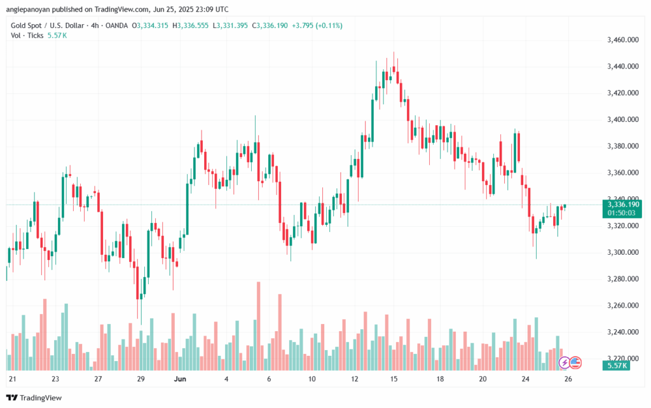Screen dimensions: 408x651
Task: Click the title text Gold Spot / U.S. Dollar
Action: point(51,25)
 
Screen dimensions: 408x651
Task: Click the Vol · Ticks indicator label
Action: point(27,36)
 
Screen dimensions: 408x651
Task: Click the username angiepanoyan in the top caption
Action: point(33,10)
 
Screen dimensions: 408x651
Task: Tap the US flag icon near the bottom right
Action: point(575,363)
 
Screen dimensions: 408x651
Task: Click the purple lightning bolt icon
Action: point(564,363)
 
